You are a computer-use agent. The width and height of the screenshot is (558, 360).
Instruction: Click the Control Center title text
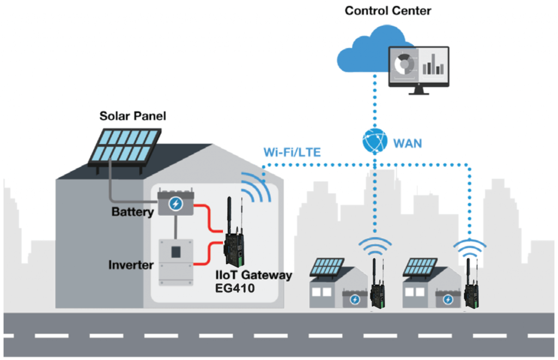point(388,10)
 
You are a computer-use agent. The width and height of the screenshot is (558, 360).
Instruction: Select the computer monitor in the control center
point(418,68)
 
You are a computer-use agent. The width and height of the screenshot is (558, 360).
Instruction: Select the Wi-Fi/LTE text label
point(290,151)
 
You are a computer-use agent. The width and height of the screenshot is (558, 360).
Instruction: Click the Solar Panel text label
point(132,116)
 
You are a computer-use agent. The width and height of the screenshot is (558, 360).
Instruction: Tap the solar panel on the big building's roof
point(125,146)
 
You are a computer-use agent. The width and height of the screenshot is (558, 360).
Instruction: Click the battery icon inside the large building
point(175,204)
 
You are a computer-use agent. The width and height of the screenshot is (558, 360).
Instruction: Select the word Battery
point(132,212)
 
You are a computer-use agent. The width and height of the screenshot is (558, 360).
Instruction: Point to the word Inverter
point(131,265)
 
